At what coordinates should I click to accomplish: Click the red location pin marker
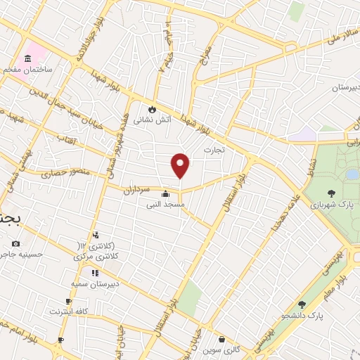(x=181, y=165)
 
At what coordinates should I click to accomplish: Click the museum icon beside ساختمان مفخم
(x=28, y=58)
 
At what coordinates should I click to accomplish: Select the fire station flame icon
(x=151, y=109)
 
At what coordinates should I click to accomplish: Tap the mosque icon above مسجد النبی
(x=165, y=194)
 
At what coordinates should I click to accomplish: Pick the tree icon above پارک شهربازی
(x=329, y=192)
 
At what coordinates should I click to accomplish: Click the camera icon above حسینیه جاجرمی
(x=15, y=243)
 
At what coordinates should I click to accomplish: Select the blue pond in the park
(x=352, y=174)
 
